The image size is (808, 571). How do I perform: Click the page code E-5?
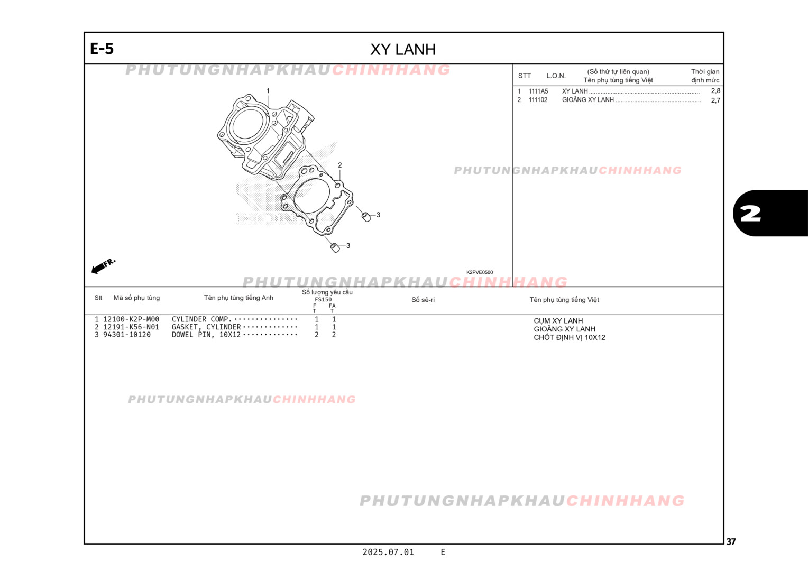coord(102,49)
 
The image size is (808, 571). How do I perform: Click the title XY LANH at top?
coord(403,49)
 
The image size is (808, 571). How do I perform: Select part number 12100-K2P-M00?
coord(131,319)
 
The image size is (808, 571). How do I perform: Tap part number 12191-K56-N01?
coord(131,327)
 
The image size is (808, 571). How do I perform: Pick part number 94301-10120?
coord(127,335)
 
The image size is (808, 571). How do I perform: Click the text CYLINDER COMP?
coord(201,319)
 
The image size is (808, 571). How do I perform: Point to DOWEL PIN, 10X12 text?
coord(206,335)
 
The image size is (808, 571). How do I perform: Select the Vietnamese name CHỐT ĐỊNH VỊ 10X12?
coord(569,337)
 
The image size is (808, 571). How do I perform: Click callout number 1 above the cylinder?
coord(268,91)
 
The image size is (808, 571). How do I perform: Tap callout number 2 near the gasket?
coord(339,165)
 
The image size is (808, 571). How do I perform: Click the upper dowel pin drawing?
coord(365,216)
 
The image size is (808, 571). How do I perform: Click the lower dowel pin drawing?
coord(335,247)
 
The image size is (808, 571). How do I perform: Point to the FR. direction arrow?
coord(103,266)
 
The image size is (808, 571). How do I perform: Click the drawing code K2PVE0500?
coord(479,272)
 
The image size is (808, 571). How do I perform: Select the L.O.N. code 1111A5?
coord(538,91)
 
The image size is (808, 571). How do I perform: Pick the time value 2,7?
coord(715,100)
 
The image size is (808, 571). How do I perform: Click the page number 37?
coord(731,541)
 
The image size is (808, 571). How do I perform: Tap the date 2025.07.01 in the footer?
coord(388,552)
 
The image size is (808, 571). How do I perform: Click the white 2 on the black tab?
coord(750,214)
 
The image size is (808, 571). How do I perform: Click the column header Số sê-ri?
coord(423,300)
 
